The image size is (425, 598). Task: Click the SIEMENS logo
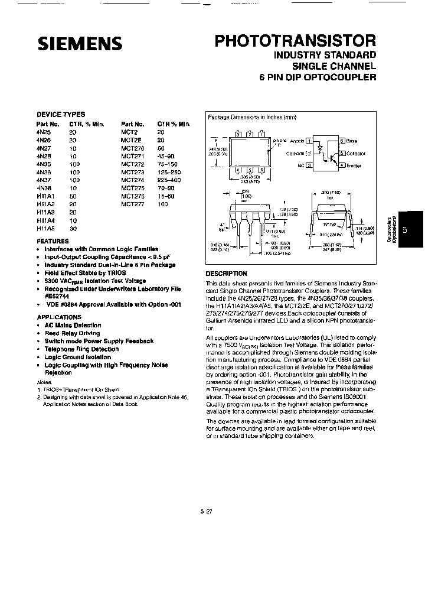(x=80, y=43)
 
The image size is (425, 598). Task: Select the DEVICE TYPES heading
(x=61, y=115)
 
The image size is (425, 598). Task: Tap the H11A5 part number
(x=45, y=228)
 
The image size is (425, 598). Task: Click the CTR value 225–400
(x=170, y=180)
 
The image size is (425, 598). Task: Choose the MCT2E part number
(x=130, y=140)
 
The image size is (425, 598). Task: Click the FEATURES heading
(x=53, y=241)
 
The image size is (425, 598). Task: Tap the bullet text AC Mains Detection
(x=73, y=325)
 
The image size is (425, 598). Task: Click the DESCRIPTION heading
(x=226, y=274)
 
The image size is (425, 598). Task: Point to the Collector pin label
(x=356, y=154)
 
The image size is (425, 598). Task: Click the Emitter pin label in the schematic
(x=355, y=167)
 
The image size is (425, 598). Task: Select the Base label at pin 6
(x=352, y=141)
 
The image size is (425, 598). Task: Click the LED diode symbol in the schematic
(x=321, y=147)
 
